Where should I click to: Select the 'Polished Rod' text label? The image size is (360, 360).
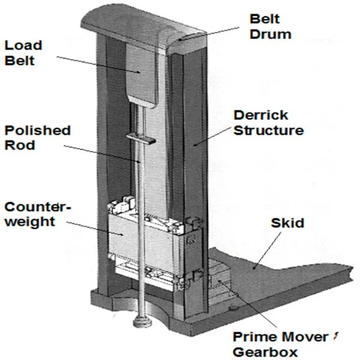pos(38,138)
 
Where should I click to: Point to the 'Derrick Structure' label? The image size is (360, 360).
pos(268,122)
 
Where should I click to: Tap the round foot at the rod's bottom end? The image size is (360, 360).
pos(141,325)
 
